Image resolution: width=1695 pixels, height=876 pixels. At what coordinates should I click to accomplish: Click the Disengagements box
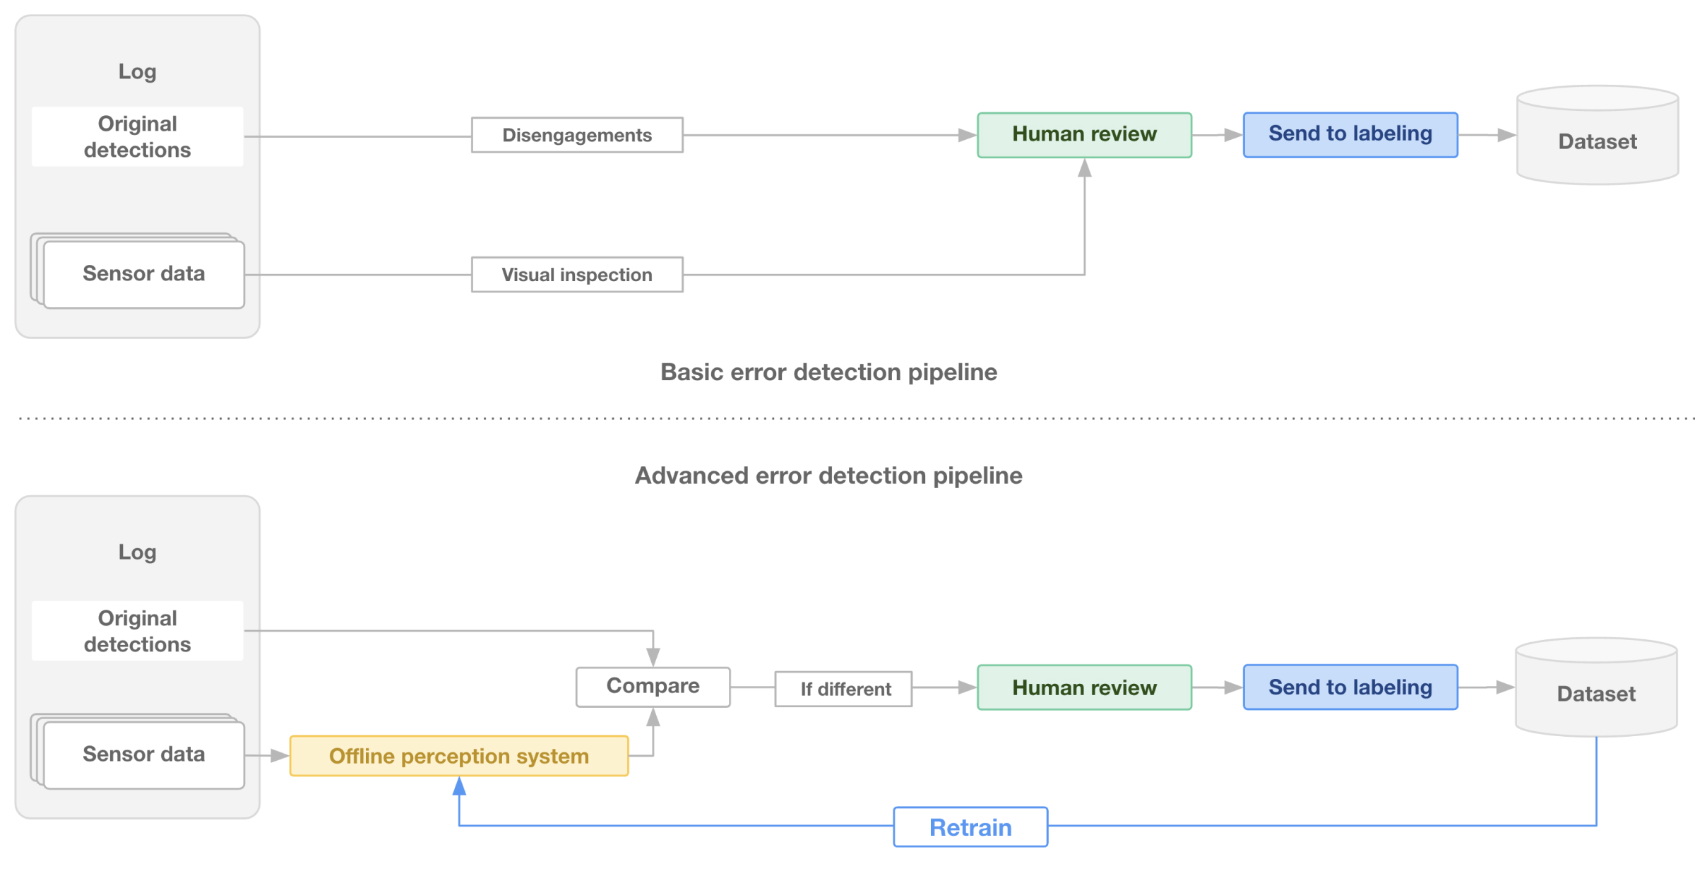[577, 135]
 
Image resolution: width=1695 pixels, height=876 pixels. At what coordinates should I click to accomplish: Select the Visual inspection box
[577, 275]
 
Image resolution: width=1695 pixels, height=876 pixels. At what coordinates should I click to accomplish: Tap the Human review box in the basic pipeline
[1084, 135]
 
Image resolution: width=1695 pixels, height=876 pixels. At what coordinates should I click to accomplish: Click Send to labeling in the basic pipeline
[1350, 134]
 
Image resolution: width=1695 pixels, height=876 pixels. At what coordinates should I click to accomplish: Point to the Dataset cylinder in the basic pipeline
[1598, 136]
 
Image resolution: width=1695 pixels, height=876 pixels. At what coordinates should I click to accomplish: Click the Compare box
[653, 687]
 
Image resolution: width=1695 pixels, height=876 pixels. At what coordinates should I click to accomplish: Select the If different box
[843, 689]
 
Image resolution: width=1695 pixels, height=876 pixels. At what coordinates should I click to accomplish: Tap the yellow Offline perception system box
[459, 756]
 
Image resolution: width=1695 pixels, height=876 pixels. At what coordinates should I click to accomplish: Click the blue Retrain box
[970, 827]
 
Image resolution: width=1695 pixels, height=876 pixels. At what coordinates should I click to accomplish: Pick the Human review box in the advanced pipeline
[1084, 687]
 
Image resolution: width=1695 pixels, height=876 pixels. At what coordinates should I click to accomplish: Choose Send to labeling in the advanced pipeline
[1350, 687]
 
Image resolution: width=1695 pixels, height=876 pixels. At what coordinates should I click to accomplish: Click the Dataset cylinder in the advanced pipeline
[1596, 687]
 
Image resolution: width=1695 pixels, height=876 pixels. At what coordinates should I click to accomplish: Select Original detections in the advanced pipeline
[138, 631]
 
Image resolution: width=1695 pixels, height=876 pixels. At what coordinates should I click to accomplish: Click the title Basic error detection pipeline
[828, 372]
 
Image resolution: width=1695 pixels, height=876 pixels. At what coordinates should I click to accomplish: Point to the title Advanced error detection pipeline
[828, 475]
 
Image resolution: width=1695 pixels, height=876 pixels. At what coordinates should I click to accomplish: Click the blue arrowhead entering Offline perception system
[459, 786]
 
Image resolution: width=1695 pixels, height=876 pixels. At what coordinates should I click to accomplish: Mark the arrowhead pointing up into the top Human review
[1085, 167]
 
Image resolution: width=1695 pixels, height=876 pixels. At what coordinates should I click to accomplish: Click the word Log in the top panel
[138, 72]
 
